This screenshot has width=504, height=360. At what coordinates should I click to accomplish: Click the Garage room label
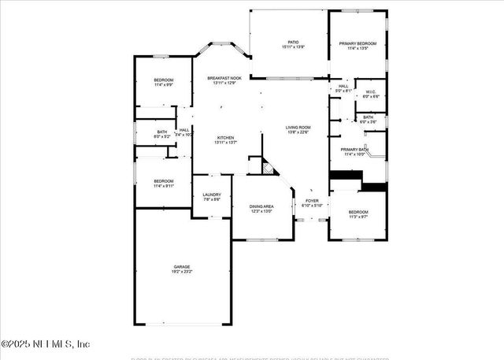pos(182,267)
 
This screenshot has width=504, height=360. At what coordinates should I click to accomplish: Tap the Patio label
pos(293,43)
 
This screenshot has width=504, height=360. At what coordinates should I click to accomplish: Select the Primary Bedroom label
pos(358,43)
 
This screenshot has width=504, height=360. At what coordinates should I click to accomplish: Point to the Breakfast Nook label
pos(225,78)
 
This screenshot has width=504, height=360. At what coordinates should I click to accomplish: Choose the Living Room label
pos(298,127)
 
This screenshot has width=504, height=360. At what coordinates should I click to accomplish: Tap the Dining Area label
pos(261,206)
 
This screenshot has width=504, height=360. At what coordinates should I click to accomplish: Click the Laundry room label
pos(211,195)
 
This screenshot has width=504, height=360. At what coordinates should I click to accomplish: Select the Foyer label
pos(312,201)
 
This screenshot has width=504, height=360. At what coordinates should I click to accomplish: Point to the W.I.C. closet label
pos(372,91)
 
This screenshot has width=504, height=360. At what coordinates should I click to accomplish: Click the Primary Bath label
pos(354,149)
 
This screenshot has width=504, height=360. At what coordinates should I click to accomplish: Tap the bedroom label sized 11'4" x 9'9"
pos(163,80)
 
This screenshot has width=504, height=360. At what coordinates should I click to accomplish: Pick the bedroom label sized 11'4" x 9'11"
pos(163,181)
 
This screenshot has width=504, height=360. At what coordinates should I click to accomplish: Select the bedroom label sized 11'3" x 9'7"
pos(358,212)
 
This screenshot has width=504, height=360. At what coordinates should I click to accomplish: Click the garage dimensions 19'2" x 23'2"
pos(182,272)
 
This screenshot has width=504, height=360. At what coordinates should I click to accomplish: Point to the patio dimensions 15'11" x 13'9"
pos(293,48)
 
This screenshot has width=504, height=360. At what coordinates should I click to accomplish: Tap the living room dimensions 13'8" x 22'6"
pos(298,132)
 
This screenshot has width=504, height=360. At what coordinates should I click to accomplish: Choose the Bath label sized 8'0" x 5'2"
pos(161,132)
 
